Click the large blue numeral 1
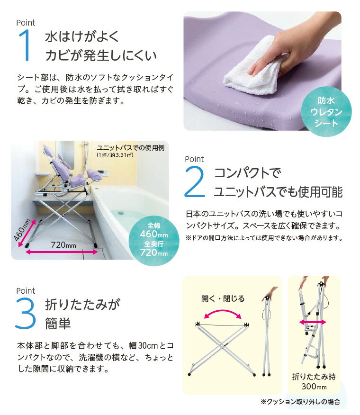point(25,45)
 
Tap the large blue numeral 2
point(195,181)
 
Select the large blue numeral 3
point(26,313)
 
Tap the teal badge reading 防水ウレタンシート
point(326,112)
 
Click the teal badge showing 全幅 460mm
point(154,240)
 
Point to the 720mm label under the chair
point(63,245)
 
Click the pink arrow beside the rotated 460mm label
point(27,233)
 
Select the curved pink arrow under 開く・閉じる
point(223,312)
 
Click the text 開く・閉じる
point(223,298)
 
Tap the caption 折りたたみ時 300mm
point(314,381)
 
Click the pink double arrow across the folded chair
point(312,322)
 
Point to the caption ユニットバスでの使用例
point(131,148)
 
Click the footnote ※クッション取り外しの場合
point(300,402)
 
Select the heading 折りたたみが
point(82,304)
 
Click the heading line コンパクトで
point(247,173)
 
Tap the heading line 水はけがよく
point(82,36)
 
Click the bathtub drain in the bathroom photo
point(121,212)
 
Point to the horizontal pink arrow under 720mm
point(62,252)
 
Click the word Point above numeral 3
point(26,290)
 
